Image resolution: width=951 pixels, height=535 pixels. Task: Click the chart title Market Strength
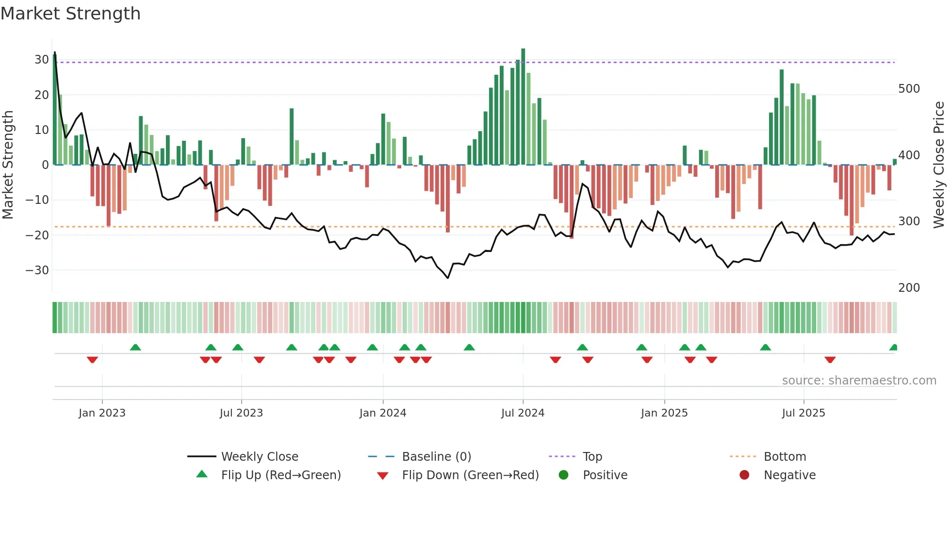click(71, 14)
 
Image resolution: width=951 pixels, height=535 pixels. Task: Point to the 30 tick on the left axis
click(41, 60)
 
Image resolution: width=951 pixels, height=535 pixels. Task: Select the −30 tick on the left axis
click(37, 270)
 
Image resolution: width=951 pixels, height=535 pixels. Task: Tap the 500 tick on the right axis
click(909, 89)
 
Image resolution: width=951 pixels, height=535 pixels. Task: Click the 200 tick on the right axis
click(909, 288)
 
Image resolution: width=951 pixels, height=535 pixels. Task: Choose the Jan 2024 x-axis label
click(382, 413)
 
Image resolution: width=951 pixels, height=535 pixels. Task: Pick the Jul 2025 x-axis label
click(803, 413)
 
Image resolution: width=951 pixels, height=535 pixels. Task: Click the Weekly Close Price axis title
click(939, 165)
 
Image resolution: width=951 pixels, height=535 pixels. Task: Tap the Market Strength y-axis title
click(8, 165)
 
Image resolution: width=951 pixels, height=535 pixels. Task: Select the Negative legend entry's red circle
click(744, 475)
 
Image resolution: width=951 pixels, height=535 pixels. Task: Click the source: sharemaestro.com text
click(859, 381)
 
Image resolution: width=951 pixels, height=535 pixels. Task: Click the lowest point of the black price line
click(447, 278)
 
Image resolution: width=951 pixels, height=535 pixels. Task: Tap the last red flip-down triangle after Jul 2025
click(830, 360)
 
